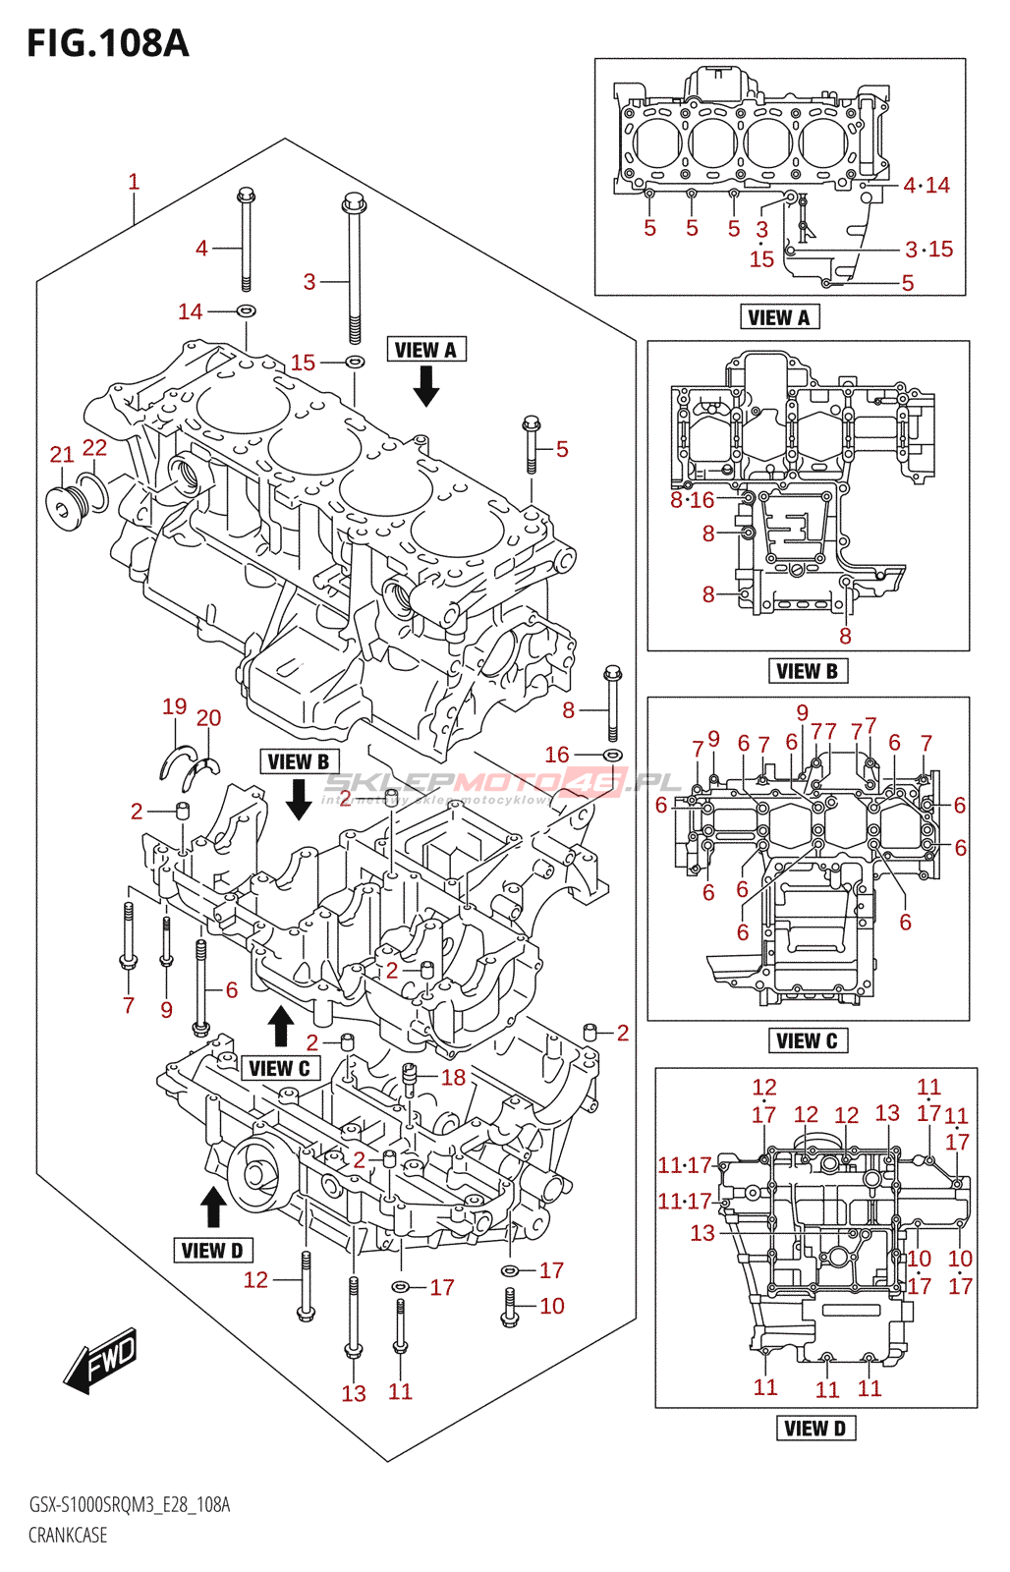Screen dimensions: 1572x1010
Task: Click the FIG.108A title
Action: pos(107,43)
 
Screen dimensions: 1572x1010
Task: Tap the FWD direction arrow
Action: pos(101,1361)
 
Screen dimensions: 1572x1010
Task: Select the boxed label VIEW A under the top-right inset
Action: pos(778,317)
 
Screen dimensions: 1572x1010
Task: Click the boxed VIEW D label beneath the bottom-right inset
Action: pos(815,1429)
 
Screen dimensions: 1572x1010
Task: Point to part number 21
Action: pos(62,454)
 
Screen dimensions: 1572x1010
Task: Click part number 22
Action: pos(94,448)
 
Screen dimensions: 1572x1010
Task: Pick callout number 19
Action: pos(174,706)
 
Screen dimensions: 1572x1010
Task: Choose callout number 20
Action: pos(208,718)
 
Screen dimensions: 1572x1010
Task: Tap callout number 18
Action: pos(453,1078)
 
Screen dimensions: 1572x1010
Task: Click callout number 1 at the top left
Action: pos(134,182)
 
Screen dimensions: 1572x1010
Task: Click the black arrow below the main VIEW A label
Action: pos(425,386)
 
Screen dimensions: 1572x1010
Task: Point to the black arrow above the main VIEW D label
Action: pos(212,1207)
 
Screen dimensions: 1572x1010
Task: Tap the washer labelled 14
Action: pos(247,311)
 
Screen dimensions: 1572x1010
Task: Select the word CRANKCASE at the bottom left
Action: pos(68,1535)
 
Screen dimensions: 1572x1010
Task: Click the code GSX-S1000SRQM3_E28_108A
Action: pos(129,1505)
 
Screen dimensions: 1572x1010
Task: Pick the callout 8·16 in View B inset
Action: pos(692,500)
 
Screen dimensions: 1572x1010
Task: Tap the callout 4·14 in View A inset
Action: pos(926,185)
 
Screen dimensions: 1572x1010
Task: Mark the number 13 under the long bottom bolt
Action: pos(354,1393)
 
